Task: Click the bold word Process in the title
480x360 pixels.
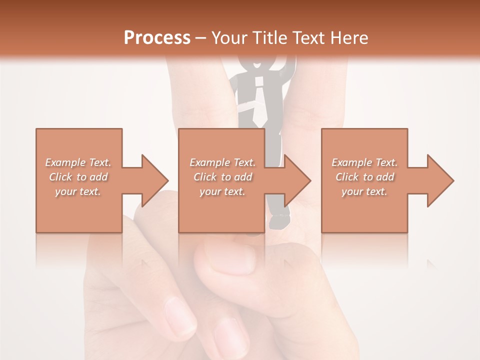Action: (x=157, y=38)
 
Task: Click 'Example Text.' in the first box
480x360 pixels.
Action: (x=78, y=162)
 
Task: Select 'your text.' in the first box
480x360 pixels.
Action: (x=78, y=191)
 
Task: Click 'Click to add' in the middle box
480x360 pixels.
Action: (x=222, y=177)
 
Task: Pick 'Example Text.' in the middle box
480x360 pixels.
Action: (x=222, y=162)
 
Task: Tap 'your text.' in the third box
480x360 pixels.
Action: (x=364, y=191)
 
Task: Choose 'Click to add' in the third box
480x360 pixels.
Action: (x=364, y=177)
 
